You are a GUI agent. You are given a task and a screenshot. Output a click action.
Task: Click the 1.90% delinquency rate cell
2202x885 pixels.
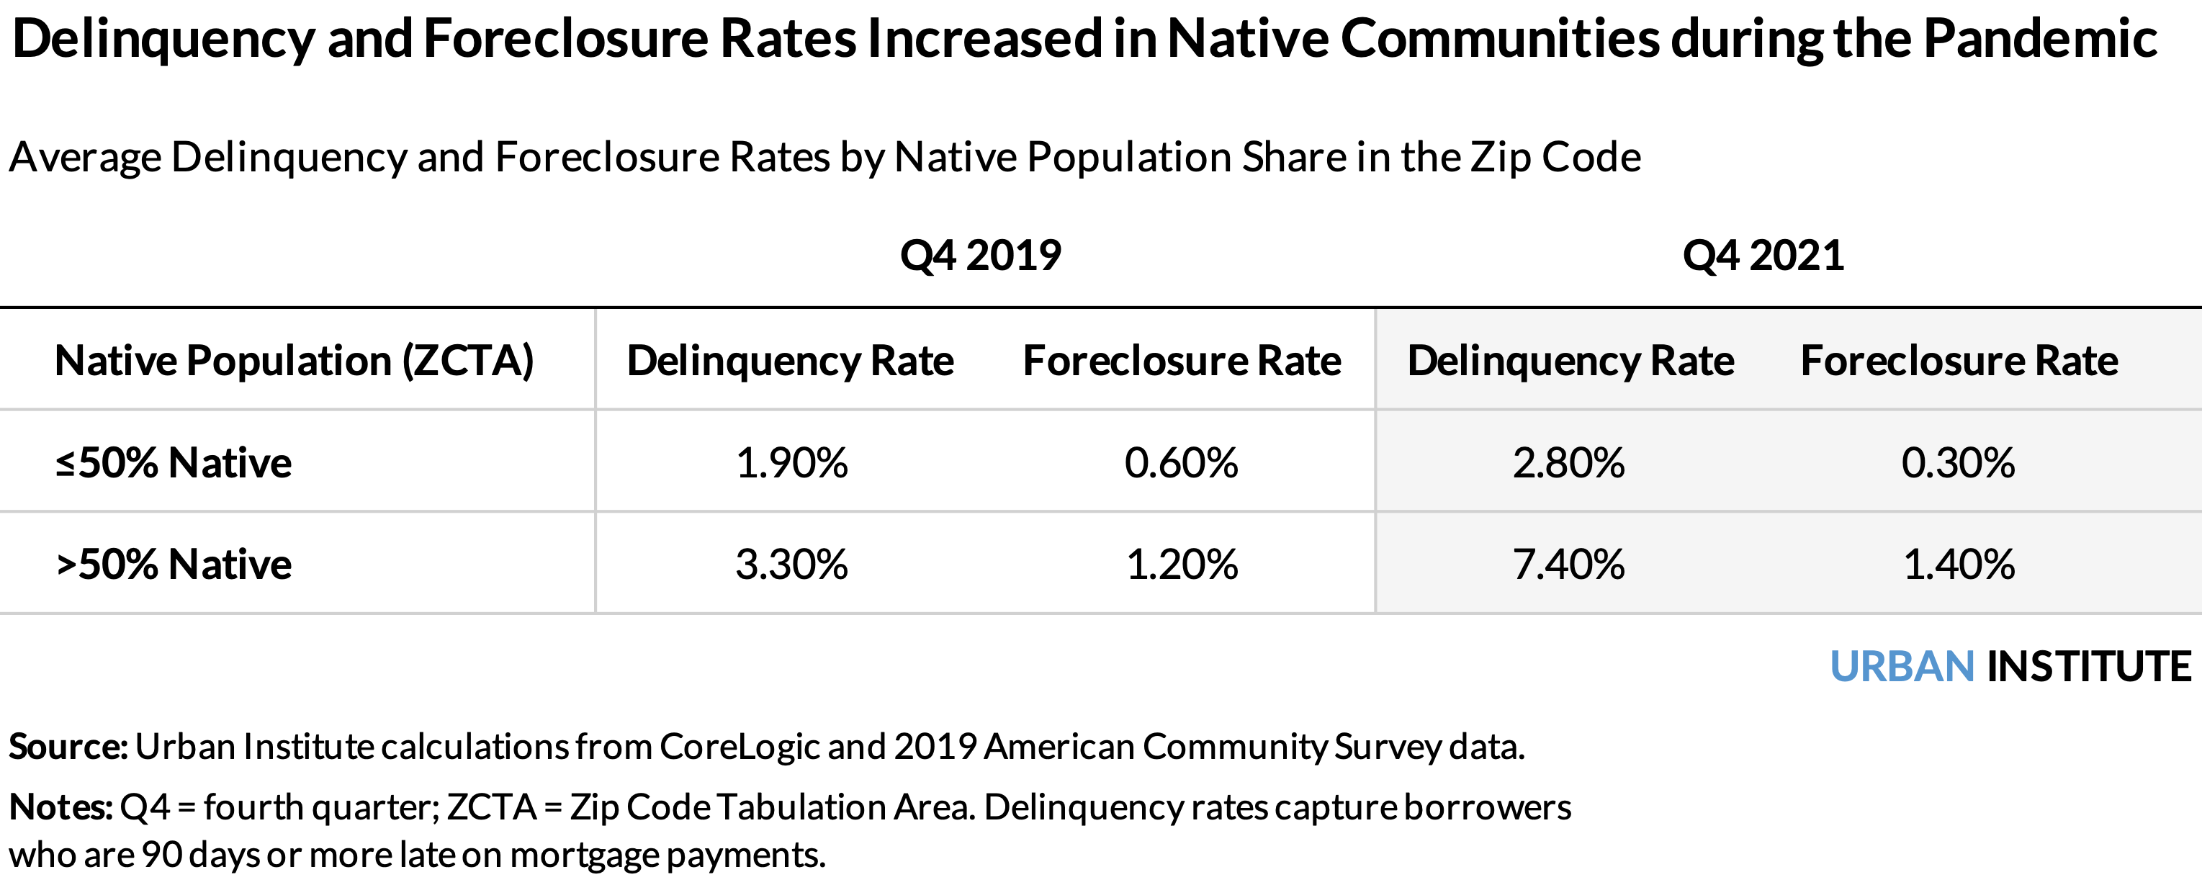791,462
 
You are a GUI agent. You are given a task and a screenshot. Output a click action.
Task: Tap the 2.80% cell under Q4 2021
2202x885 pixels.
1568,462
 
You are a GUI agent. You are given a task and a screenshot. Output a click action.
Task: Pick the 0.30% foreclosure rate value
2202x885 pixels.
1957,462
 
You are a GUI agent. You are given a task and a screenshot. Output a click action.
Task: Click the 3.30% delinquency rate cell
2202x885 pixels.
791,565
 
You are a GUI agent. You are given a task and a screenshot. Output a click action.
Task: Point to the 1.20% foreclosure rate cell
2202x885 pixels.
1182,565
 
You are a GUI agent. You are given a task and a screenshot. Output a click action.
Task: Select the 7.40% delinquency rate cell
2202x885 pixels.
1568,565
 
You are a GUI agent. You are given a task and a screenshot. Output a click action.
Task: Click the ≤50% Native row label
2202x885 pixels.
174,462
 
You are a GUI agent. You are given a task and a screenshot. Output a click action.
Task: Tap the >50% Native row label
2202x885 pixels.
174,565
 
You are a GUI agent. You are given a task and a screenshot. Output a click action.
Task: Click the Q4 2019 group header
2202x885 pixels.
981,255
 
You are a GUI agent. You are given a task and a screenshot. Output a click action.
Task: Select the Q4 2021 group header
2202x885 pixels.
1763,255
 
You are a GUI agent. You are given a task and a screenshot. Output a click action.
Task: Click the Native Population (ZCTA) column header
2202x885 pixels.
294,360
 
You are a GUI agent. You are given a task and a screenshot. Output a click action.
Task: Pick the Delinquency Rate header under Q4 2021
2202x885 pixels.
1570,360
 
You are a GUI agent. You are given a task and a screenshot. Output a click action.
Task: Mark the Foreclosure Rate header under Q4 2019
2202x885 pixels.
1182,360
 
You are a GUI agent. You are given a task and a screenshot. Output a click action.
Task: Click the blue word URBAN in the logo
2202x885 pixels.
1902,666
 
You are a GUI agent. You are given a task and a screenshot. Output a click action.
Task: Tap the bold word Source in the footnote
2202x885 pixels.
68,747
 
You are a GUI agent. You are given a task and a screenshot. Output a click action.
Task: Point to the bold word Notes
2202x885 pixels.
60,807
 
